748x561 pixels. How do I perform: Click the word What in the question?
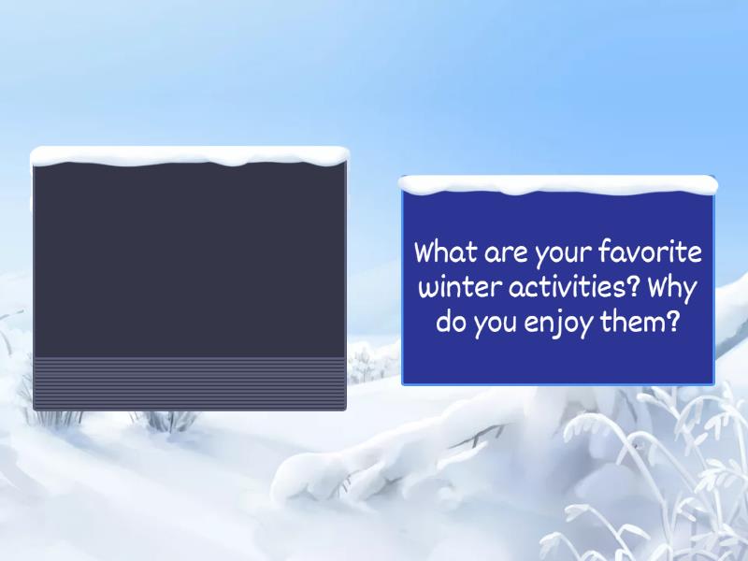click(x=445, y=252)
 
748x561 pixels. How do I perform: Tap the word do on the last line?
click(x=451, y=324)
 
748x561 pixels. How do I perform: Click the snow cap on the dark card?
click(x=190, y=156)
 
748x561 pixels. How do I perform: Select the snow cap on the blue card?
click(x=558, y=184)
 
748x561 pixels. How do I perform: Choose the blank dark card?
click(x=190, y=262)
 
